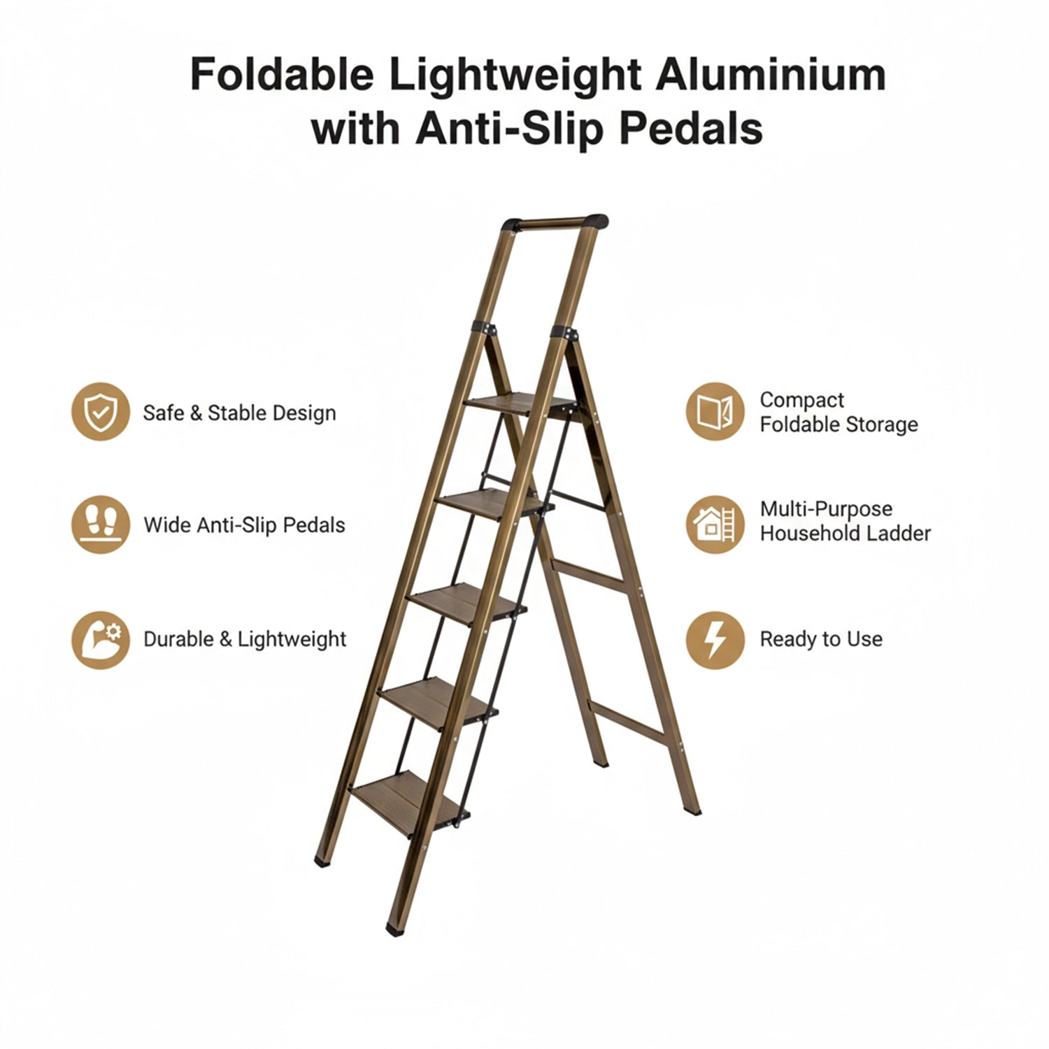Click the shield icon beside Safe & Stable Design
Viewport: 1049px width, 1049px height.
tap(101, 412)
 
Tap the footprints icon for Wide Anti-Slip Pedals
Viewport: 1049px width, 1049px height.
tap(101, 524)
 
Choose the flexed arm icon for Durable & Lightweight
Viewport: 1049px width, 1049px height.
tap(101, 639)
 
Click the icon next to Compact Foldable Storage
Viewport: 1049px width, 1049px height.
tap(715, 411)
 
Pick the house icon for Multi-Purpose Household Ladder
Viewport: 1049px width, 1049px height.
tap(715, 524)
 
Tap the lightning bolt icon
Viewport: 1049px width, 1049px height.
tap(715, 639)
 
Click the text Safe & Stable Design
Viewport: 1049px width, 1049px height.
tap(239, 413)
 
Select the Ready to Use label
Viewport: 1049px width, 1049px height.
tap(821, 639)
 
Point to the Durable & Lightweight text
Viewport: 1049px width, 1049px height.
tap(245, 639)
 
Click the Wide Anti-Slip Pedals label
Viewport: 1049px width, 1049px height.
tap(244, 525)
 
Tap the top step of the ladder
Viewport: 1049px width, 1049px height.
tap(521, 404)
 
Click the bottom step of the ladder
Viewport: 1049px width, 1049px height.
tap(409, 799)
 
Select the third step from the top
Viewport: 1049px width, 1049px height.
tap(466, 601)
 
